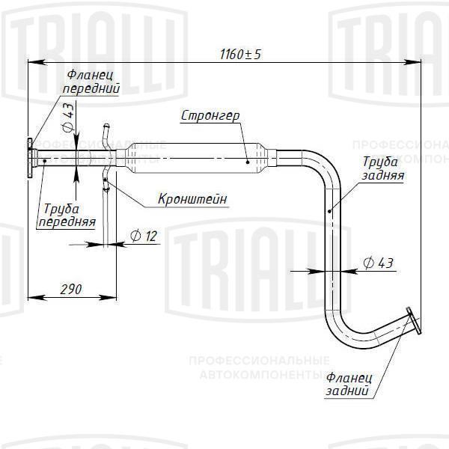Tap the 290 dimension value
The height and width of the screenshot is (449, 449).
pyautogui.click(x=72, y=288)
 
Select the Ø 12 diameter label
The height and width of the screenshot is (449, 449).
pyautogui.click(x=144, y=236)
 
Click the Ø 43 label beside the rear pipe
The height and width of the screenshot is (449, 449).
pyautogui.click(x=378, y=263)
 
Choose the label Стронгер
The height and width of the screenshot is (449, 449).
pyautogui.click(x=210, y=116)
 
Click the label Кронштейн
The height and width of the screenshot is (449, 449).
pyautogui.click(x=192, y=199)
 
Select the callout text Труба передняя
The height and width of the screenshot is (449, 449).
pyautogui.click(x=67, y=215)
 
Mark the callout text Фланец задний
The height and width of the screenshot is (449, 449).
pyautogui.click(x=348, y=383)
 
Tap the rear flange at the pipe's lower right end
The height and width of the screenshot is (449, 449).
pyautogui.click(x=412, y=322)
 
